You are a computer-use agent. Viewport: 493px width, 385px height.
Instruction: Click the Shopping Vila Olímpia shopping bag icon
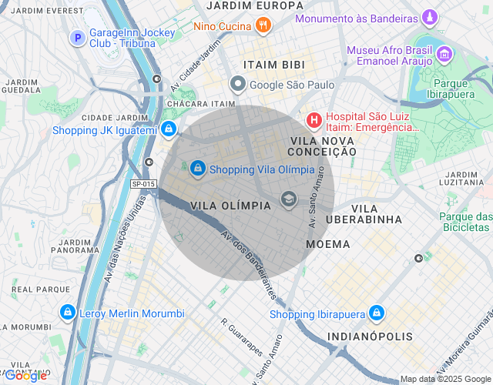point(198,167)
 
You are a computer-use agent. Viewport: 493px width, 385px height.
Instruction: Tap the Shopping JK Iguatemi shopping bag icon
point(168,129)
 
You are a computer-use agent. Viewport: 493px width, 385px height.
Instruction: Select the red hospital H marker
point(314,120)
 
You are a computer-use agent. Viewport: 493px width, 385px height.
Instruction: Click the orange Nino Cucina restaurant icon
point(263,25)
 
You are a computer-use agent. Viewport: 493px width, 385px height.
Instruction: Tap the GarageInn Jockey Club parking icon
point(77,37)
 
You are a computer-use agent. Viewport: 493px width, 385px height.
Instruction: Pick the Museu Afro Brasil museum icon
point(444,54)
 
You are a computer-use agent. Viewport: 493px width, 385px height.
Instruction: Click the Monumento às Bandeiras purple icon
point(430,17)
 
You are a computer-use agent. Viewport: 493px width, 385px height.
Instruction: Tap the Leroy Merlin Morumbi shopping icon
point(67,313)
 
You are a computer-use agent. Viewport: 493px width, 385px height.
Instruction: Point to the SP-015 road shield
point(143,184)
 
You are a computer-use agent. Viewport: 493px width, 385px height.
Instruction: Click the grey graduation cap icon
point(289,199)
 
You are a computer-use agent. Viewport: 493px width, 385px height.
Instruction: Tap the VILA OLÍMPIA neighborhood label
point(230,206)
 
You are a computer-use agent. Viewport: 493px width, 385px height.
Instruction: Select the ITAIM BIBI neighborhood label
point(273,64)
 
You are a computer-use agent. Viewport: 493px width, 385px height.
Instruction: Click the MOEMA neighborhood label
point(327,244)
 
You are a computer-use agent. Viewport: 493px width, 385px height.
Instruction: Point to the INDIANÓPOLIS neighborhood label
point(370,337)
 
